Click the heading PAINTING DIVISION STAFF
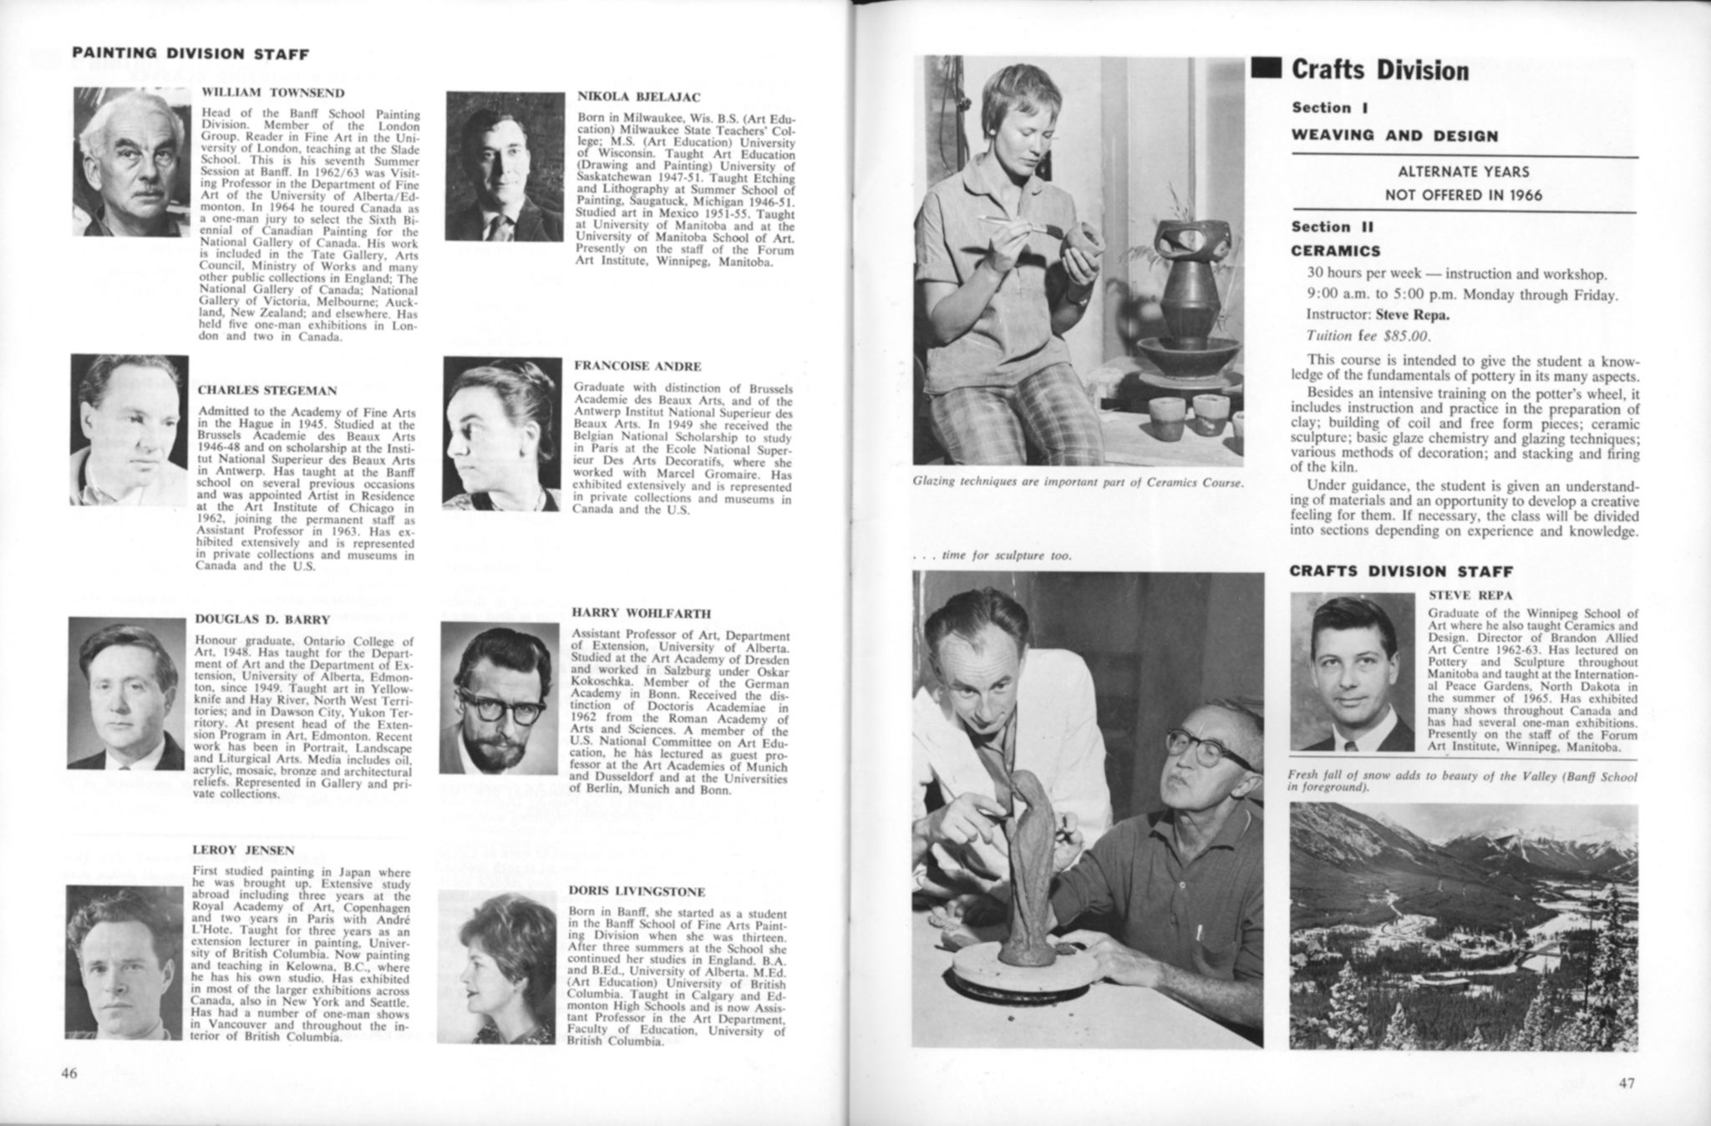click(x=190, y=54)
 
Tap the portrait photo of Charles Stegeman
click(x=129, y=429)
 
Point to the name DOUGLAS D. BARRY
click(x=262, y=620)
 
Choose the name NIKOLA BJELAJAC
click(x=639, y=97)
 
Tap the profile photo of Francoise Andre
click(x=502, y=434)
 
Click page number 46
click(x=69, y=1073)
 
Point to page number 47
click(x=1626, y=1083)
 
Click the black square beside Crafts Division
click(x=1266, y=69)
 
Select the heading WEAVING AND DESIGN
click(x=1394, y=136)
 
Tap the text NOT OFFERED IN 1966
click(x=1464, y=195)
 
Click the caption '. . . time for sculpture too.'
click(x=993, y=555)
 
